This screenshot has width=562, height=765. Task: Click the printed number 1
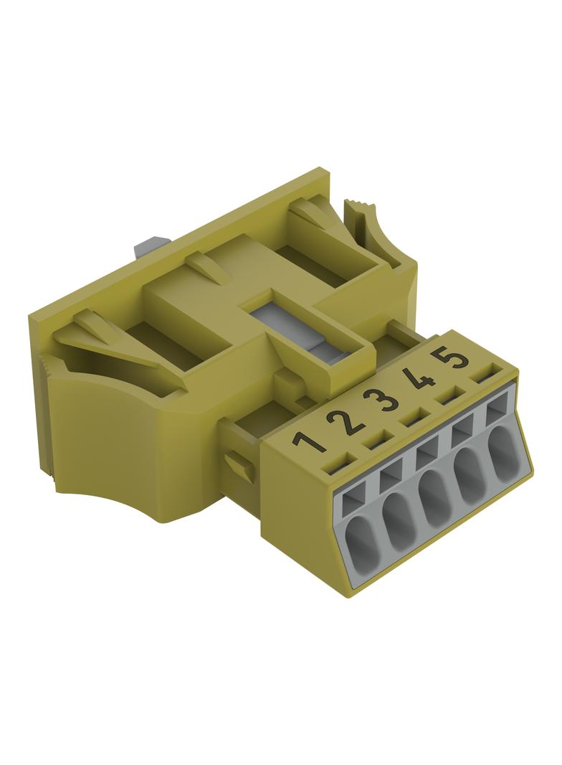tap(308, 443)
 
